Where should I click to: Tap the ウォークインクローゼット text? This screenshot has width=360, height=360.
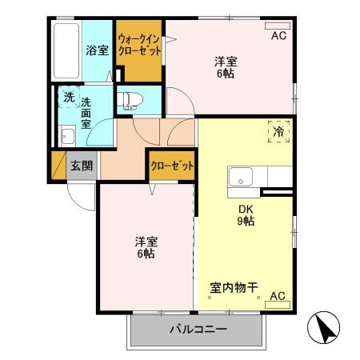click(x=139, y=44)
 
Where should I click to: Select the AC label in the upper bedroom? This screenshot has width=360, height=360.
click(x=278, y=36)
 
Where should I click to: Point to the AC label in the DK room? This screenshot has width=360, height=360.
click(x=277, y=296)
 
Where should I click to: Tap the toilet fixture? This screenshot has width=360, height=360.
click(x=130, y=100)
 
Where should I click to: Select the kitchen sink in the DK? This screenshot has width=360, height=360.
click(x=241, y=177)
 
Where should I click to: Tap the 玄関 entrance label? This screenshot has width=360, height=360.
click(x=81, y=166)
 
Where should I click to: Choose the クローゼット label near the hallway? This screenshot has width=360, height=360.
click(x=172, y=166)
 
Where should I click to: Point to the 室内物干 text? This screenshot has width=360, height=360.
click(x=233, y=286)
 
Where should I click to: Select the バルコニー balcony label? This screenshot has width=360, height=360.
click(x=198, y=330)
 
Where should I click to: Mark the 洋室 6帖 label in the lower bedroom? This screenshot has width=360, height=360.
click(x=145, y=247)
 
